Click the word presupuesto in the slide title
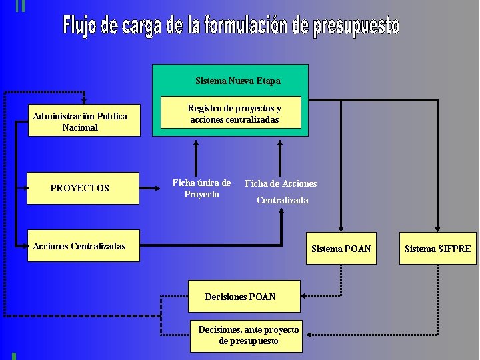[x=357, y=27]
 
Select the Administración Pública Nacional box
[x=84, y=121]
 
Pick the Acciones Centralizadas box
[x=79, y=246]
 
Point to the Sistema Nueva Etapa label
[x=238, y=81]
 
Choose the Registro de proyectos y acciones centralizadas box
[x=234, y=114]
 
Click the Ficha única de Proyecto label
[x=201, y=188]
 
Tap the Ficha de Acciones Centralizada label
[x=281, y=191]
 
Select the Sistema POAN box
[x=341, y=249]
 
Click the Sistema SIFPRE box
[x=437, y=249]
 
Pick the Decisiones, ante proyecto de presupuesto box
[x=248, y=335]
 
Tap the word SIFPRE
[x=454, y=249]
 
